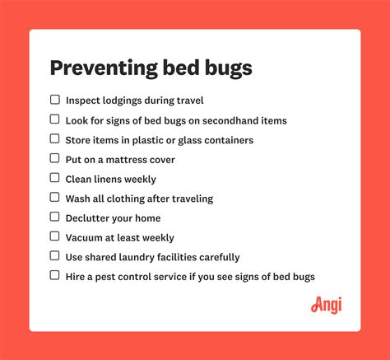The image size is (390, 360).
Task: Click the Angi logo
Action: [327, 305]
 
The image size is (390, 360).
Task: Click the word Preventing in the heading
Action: [104, 68]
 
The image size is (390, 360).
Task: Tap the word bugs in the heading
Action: [229, 68]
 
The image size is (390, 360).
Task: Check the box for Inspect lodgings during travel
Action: [55, 100]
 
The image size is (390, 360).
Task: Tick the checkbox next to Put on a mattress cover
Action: [54, 158]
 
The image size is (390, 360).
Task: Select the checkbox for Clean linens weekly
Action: [54, 178]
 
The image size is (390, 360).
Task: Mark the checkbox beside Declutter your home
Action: [54, 217]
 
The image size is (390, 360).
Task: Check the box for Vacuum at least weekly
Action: [54, 236]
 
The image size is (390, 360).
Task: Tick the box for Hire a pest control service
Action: [54, 275]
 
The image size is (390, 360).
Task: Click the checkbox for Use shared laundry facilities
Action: [54, 256]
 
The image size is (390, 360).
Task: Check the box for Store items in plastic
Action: [54, 139]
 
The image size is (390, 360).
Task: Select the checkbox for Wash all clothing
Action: [54, 198]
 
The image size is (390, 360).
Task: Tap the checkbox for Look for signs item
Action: [54, 119]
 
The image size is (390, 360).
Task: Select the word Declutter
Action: [86, 218]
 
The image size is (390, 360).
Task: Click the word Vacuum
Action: [84, 237]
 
